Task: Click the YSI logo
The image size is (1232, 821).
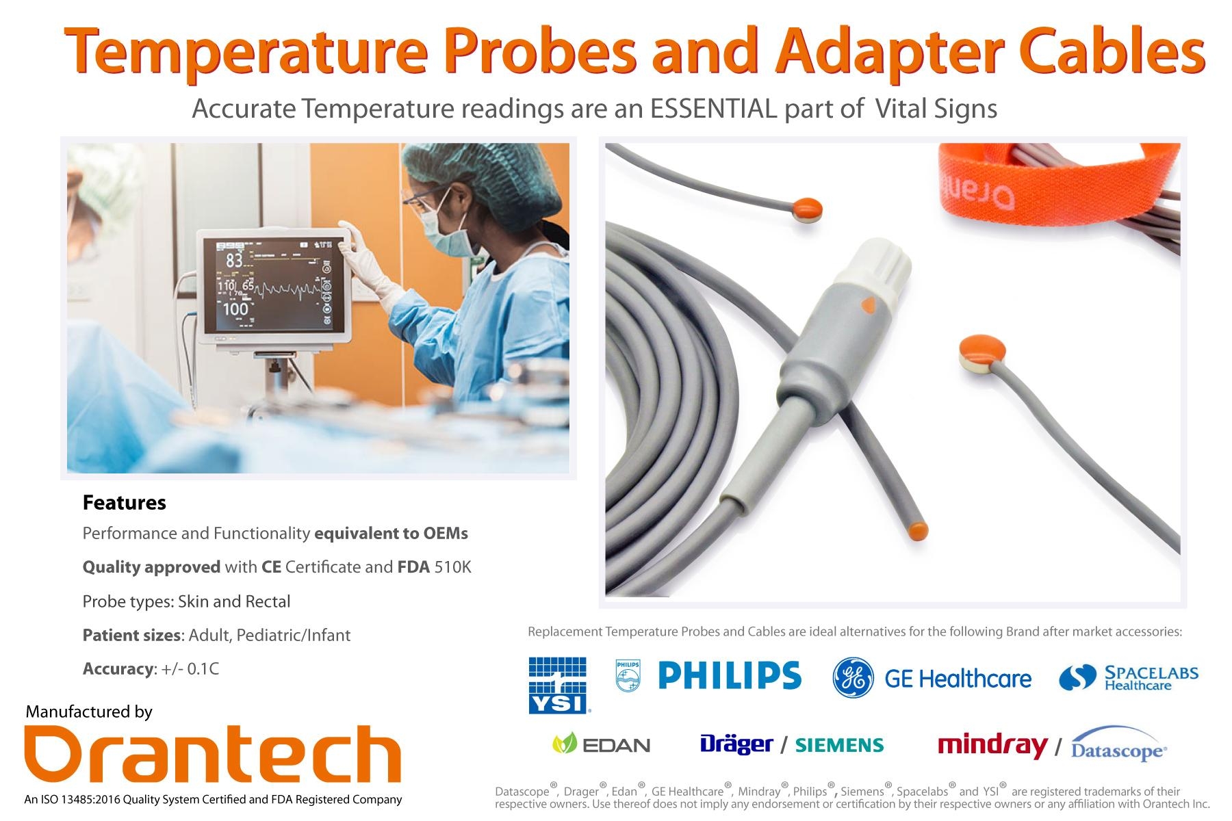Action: (558, 685)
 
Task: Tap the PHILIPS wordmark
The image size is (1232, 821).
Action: (729, 675)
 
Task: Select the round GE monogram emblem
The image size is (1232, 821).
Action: (853, 677)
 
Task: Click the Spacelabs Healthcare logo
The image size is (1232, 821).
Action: (1129, 677)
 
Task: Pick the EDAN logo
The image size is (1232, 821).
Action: (601, 744)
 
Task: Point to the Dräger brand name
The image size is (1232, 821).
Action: (736, 744)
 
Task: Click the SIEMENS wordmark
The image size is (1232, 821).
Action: (839, 745)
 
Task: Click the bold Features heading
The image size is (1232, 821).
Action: (124, 503)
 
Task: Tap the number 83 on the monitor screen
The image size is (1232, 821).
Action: (234, 260)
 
